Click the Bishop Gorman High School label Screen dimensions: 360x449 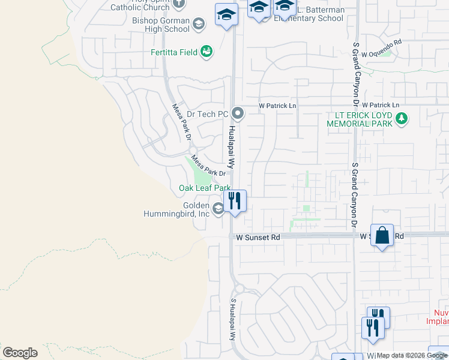click(160, 25)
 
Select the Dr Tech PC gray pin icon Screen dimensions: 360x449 click(238, 113)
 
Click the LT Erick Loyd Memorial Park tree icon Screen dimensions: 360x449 click(402, 119)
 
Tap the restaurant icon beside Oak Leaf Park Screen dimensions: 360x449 click(235, 201)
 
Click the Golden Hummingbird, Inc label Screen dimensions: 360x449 click(176, 209)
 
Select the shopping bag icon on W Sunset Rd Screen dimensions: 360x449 click(382, 235)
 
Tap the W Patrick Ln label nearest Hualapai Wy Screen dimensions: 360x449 click(277, 106)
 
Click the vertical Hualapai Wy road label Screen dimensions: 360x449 click(231, 146)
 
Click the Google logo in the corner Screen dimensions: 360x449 click(20, 353)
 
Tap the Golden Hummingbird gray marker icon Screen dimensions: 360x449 click(217, 208)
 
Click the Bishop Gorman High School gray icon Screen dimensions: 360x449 click(198, 23)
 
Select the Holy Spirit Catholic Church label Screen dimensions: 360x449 click(142, 5)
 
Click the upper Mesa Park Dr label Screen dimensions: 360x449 click(181, 122)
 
